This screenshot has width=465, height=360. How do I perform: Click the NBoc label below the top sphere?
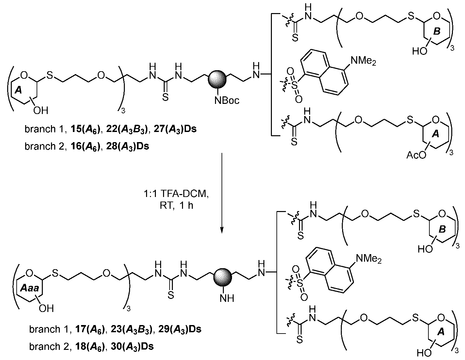[x=227, y=100]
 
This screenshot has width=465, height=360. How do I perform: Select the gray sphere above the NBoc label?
[x=217, y=79]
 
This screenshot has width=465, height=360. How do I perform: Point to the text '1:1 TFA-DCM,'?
[x=176, y=194]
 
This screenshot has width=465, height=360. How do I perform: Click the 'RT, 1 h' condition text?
[x=176, y=205]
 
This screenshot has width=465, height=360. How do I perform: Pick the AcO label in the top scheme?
[x=416, y=155]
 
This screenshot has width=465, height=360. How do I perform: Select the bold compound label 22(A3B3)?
[x=127, y=129]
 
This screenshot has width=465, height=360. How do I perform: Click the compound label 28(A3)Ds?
[x=127, y=146]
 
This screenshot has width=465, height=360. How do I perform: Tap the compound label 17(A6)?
[x=90, y=329]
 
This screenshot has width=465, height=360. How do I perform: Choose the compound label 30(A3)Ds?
[x=132, y=347]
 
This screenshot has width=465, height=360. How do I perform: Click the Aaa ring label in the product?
[x=29, y=288]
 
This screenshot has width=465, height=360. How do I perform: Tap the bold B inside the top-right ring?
[x=437, y=31]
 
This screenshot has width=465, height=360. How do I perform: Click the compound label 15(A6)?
[x=86, y=129]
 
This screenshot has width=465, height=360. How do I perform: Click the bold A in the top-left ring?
[x=18, y=90]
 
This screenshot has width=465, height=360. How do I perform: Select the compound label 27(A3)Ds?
[x=175, y=129]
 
